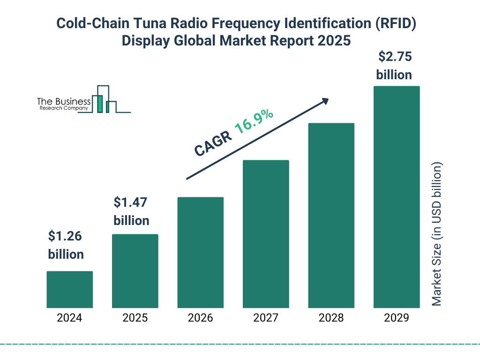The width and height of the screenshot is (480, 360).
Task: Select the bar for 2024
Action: point(69,289)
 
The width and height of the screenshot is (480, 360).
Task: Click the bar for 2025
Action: point(135,271)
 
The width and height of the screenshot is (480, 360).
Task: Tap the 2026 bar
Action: point(200,252)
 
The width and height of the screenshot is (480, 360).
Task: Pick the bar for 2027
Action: point(265,234)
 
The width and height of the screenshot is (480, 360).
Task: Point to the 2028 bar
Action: point(331,216)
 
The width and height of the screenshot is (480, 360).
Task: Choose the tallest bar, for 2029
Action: point(396,197)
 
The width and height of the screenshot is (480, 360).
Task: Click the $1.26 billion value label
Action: point(66,245)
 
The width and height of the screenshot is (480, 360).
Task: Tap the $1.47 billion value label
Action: point(131,211)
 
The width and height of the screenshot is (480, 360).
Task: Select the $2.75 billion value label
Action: point(394,66)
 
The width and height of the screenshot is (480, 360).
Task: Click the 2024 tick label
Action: point(69,318)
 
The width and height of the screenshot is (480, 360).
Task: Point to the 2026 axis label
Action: point(200,318)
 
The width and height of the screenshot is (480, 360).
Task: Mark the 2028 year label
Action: point(331,318)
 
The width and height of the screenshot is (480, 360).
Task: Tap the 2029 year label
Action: point(396,318)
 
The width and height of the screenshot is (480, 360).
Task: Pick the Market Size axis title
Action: point(437,234)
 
